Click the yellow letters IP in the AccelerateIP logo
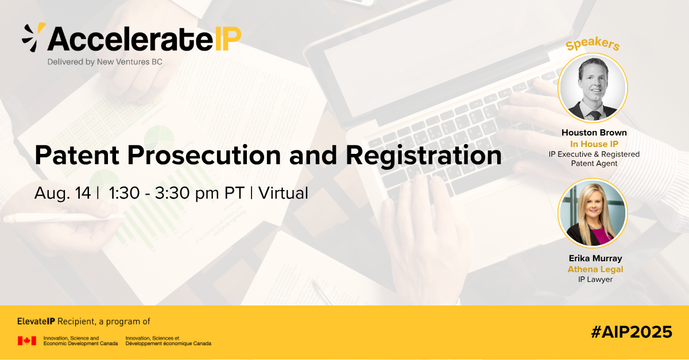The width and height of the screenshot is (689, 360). [228, 39]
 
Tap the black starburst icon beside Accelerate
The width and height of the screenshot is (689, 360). [34, 37]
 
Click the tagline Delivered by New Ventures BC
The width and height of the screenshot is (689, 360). [105, 62]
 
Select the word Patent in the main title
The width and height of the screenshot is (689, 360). [77, 155]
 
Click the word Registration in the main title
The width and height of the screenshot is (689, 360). [424, 156]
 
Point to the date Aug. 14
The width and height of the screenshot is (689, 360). [63, 193]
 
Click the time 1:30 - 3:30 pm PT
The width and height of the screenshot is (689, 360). [177, 193]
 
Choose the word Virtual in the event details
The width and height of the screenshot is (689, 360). [283, 193]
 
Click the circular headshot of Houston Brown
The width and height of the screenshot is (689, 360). [593, 88]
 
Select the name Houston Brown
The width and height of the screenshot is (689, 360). [594, 133]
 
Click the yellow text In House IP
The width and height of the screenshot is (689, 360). [594, 144]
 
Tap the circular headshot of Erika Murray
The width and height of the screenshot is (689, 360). [593, 213]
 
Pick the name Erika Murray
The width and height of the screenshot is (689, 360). [595, 258]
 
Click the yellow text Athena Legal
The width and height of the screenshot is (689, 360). [595, 269]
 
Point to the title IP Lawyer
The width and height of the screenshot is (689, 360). [595, 280]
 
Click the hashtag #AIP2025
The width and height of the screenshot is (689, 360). [632, 332]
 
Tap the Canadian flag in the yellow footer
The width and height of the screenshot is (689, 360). [27, 340]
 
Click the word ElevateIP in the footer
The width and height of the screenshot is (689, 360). [36, 322]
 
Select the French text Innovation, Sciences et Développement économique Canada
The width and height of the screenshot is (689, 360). [168, 340]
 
